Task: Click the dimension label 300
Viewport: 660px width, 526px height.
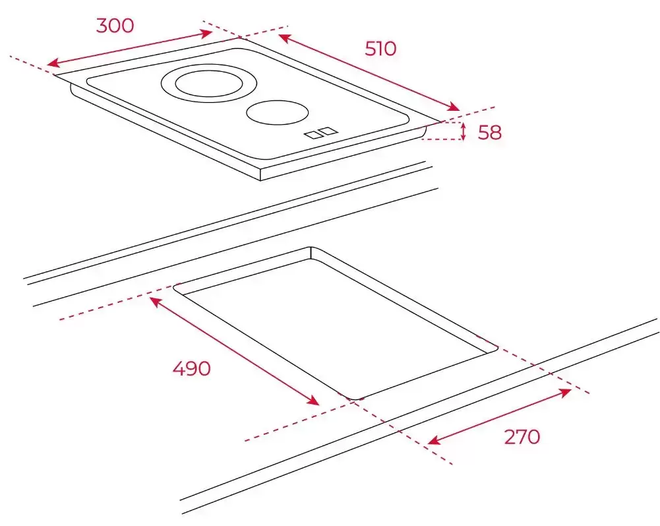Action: point(115,26)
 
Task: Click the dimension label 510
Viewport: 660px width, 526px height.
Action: point(380,49)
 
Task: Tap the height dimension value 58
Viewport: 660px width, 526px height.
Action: point(490,133)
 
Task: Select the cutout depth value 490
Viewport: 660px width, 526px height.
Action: point(191,368)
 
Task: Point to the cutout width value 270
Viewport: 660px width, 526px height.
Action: point(522,437)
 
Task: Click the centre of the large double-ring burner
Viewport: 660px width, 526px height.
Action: point(209,83)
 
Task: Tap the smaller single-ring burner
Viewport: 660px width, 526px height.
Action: point(278,113)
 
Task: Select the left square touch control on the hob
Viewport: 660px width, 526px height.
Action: point(313,135)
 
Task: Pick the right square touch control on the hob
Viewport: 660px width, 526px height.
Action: point(329,131)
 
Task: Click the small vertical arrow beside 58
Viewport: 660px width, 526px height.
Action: point(464,131)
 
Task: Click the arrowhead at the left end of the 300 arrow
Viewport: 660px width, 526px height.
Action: point(51,64)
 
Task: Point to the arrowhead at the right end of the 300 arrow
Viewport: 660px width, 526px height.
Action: point(207,33)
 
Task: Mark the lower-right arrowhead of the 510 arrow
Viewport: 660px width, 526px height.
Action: point(454,107)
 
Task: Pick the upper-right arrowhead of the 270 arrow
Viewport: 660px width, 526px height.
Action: point(566,393)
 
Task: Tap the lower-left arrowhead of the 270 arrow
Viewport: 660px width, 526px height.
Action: point(433,441)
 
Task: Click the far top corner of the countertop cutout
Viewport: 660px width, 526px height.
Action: point(311,247)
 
